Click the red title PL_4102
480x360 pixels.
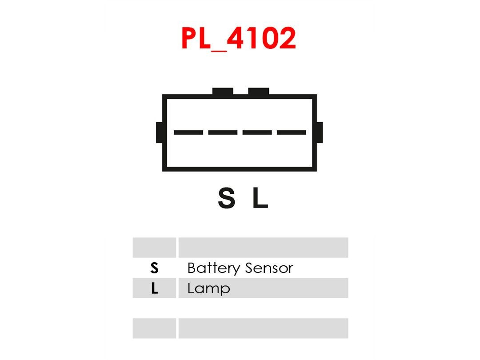pyautogui.click(x=239, y=38)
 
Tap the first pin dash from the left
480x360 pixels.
pyautogui.click(x=188, y=132)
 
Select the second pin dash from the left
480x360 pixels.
pyautogui.click(x=223, y=132)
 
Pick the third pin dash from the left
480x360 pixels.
pyautogui.click(x=257, y=132)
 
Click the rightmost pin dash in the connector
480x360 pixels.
pyautogui.click(x=292, y=132)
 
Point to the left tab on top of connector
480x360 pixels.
pyautogui.click(x=223, y=91)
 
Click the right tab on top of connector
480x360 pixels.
pyautogui.click(x=259, y=91)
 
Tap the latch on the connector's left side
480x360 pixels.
pyautogui.click(x=159, y=132)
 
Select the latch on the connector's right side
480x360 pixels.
pyautogui.click(x=320, y=132)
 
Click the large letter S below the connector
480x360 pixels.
pyautogui.click(x=227, y=198)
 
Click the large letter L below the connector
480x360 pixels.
pyautogui.click(x=260, y=198)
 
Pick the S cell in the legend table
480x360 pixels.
pyautogui.click(x=154, y=268)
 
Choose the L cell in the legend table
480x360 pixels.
pyautogui.click(x=154, y=288)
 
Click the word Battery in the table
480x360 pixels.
pyautogui.click(x=214, y=268)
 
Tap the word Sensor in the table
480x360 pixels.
pyautogui.click(x=269, y=268)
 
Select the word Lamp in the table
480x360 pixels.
pyautogui.click(x=209, y=289)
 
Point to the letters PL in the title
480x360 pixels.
pyautogui.click(x=196, y=38)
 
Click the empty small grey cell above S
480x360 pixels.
pyautogui.click(x=154, y=248)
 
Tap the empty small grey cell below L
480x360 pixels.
pyautogui.click(x=154, y=328)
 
